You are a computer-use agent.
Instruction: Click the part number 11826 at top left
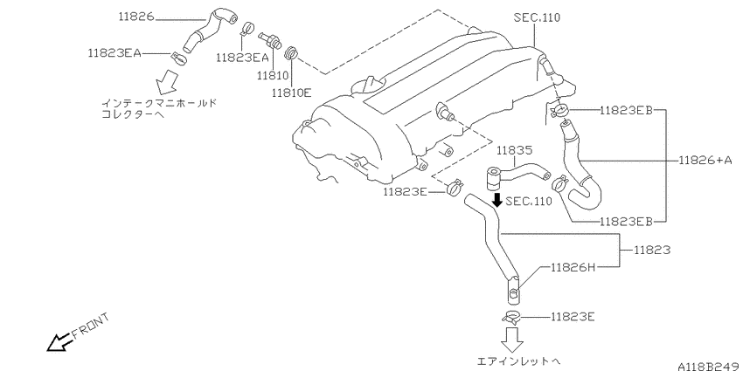tap(135, 17)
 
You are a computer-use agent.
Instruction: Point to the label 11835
tap(515, 150)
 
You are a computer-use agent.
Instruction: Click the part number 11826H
tap(573, 267)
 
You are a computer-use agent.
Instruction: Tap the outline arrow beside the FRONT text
tap(59, 341)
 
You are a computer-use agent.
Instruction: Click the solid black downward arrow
tap(496, 200)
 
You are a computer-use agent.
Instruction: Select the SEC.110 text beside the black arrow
tap(530, 201)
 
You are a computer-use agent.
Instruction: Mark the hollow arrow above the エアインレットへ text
tap(512, 337)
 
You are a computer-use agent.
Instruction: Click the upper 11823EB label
tap(625, 112)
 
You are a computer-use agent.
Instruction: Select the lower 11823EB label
tap(625, 222)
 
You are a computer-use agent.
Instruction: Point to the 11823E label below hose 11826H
tap(573, 316)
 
